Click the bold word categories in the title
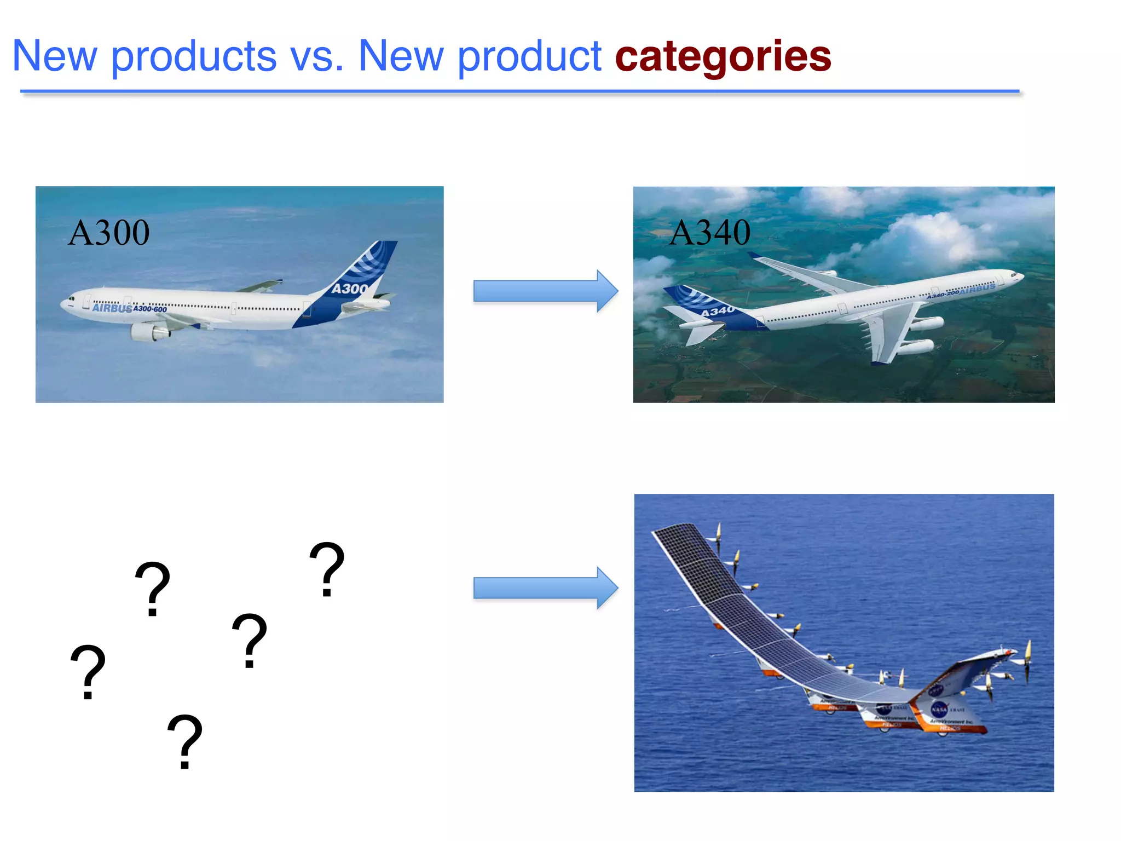(x=723, y=57)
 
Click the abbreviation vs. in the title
(x=317, y=57)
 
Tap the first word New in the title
(x=55, y=57)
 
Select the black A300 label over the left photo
(x=109, y=233)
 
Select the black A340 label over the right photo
(x=710, y=233)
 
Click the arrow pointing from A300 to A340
(x=545, y=291)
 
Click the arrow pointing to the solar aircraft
(x=545, y=588)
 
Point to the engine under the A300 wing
(x=148, y=332)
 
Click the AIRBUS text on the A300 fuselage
(x=112, y=308)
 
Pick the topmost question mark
(x=327, y=569)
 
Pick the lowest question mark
(x=185, y=741)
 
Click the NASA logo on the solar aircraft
(x=939, y=709)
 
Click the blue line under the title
(x=520, y=91)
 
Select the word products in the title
(x=194, y=57)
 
